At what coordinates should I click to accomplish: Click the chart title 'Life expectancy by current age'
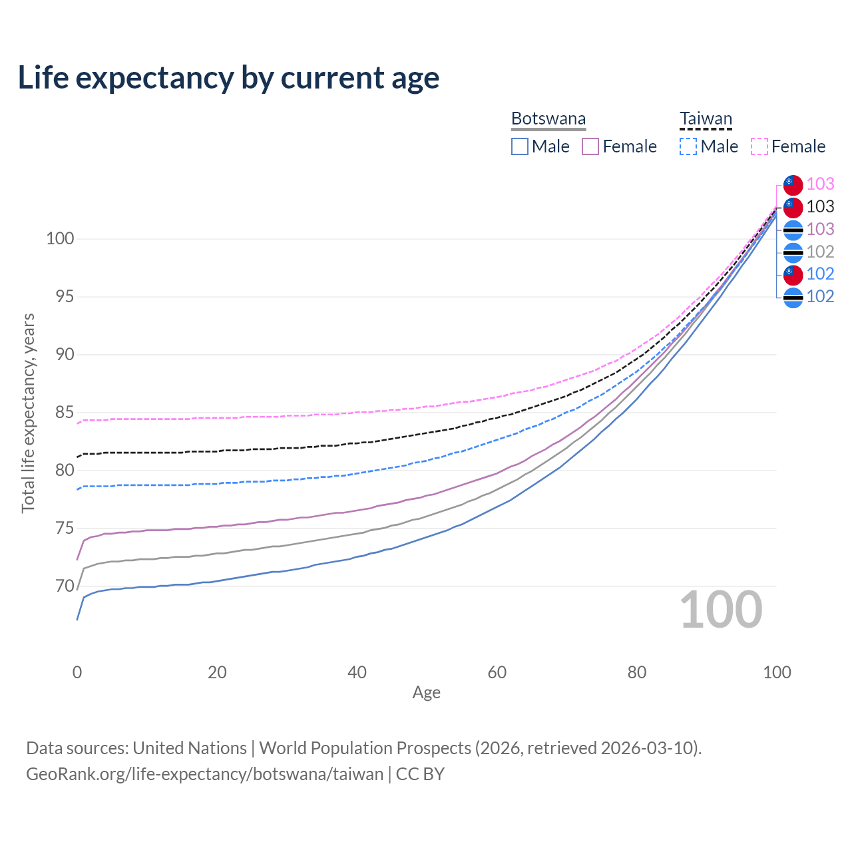(x=228, y=78)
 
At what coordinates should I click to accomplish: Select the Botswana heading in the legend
(x=548, y=118)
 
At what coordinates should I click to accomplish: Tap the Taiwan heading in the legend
(x=706, y=118)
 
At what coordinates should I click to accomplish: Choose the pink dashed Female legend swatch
(x=759, y=146)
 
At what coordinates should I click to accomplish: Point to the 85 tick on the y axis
(x=65, y=413)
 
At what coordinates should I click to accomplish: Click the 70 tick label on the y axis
(x=65, y=586)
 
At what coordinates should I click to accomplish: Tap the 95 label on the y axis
(x=65, y=297)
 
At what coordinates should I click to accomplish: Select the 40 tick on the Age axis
(x=357, y=672)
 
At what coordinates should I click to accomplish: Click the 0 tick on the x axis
(x=77, y=672)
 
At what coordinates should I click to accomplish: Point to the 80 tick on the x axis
(x=637, y=672)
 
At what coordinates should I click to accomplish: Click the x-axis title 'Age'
(x=427, y=693)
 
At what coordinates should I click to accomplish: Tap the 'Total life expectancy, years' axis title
(x=28, y=413)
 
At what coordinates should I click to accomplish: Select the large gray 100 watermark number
(x=721, y=610)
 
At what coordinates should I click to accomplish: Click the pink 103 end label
(x=820, y=184)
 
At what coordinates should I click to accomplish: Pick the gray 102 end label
(x=820, y=252)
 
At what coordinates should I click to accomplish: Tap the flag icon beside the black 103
(x=793, y=207)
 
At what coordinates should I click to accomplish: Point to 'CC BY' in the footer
(x=420, y=774)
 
